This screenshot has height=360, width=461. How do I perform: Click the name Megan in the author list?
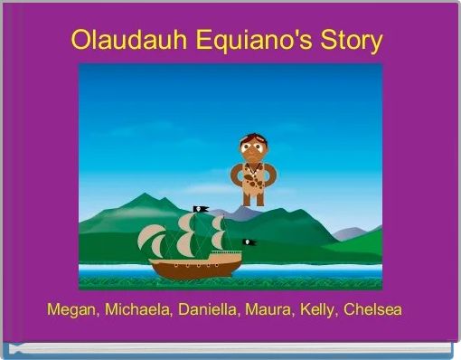click(71, 309)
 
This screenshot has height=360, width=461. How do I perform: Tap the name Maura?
click(275, 309)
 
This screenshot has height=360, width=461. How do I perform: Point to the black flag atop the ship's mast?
click(202, 209)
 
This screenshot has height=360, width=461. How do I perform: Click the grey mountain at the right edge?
click(362, 230)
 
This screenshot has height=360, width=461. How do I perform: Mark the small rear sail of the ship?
click(220, 239)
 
